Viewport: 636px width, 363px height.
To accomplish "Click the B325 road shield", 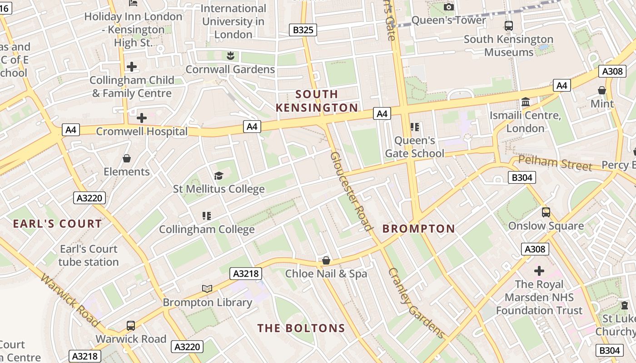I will pyautogui.click(x=303, y=30).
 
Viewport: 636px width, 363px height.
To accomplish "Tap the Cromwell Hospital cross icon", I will pyautogui.click(x=142, y=118).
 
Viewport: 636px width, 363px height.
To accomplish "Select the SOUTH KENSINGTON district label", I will pyautogui.click(x=317, y=101).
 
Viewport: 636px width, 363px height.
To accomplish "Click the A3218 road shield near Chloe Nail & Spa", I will pyautogui.click(x=247, y=273).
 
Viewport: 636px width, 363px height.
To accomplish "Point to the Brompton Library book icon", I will pyautogui.click(x=207, y=289).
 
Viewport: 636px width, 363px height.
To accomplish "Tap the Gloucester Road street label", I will pyautogui.click(x=352, y=191).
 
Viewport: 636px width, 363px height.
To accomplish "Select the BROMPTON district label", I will pyautogui.click(x=418, y=229).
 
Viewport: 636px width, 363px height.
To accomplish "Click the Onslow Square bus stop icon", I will pyautogui.click(x=546, y=212).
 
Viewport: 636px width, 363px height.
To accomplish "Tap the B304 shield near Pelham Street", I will pyautogui.click(x=522, y=177).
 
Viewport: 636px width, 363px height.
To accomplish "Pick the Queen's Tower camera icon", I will pyautogui.click(x=449, y=7).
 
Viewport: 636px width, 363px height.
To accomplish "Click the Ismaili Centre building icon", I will pyautogui.click(x=526, y=102).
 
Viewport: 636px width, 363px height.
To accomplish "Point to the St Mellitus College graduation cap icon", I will pyautogui.click(x=219, y=176).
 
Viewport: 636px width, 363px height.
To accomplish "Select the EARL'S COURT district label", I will pyautogui.click(x=57, y=224).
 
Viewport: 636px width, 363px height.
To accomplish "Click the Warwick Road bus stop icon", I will pyautogui.click(x=131, y=325).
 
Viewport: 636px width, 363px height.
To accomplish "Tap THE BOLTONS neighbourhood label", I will pyautogui.click(x=301, y=328).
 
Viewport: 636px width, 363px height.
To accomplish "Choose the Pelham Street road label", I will pyautogui.click(x=555, y=163).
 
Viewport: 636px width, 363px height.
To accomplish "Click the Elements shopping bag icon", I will pyautogui.click(x=127, y=158).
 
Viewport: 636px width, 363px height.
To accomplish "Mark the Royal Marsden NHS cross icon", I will pyautogui.click(x=539, y=271).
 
